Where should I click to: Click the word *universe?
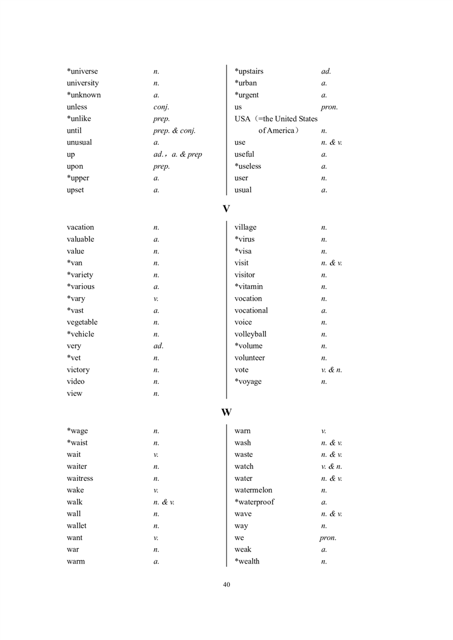click(82, 71)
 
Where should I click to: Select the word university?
click(82, 83)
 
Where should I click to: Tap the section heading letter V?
click(226, 209)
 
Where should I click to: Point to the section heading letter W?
click(226, 412)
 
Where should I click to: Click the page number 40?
click(226, 584)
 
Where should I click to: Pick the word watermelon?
click(253, 490)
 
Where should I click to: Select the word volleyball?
click(250, 334)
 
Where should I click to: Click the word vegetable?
click(82, 322)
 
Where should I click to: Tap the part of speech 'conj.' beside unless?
click(161, 107)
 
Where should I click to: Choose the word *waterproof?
click(254, 502)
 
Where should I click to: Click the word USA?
click(242, 119)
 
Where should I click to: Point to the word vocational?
click(251, 310)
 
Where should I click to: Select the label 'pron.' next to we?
click(328, 538)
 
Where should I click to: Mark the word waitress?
click(80, 479)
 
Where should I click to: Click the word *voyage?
click(248, 382)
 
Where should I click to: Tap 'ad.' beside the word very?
click(159, 346)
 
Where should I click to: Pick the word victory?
click(78, 370)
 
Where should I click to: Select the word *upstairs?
click(249, 71)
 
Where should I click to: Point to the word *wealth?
click(247, 561)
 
